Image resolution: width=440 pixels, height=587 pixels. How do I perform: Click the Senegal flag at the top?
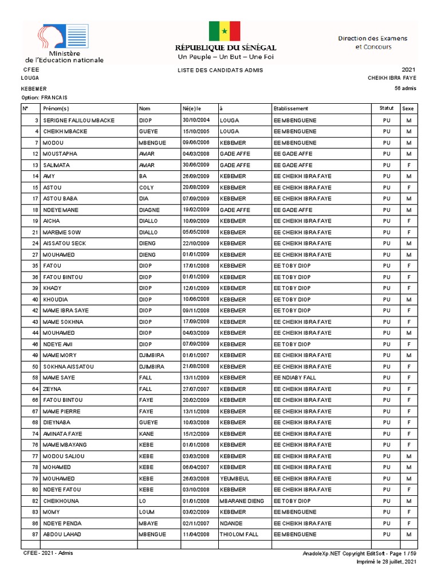pos(224,31)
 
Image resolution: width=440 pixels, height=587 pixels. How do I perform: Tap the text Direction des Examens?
pos(372,38)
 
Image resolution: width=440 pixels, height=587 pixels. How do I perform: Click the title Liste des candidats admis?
pos(221,70)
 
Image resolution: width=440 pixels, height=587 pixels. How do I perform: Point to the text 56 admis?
pos(405,88)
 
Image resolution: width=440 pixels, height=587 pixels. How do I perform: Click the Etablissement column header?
pos(290,108)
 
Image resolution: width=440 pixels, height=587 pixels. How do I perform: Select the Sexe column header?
pos(408,108)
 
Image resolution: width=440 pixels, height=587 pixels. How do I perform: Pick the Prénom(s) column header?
pos(56,108)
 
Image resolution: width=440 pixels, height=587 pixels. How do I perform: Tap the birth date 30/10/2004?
pos(196,120)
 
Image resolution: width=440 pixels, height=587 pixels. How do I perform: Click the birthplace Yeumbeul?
pos(233,479)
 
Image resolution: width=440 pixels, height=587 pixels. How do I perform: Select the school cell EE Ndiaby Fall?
pos(294,378)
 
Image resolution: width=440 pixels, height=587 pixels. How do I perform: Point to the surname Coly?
pos(146,187)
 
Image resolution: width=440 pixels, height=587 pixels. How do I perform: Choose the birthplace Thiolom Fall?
pos(239,534)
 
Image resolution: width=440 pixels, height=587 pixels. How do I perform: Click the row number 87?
pos(36,534)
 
